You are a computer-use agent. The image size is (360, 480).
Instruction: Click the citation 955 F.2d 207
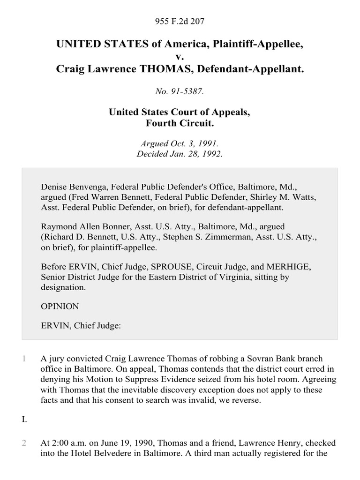[180, 21]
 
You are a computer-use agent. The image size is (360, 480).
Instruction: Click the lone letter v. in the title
[180, 57]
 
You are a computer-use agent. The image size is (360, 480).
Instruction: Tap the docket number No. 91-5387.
[180, 92]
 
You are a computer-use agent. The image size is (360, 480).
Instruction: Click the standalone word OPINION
[60, 307]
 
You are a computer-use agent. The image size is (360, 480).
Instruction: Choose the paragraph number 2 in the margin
[24, 443]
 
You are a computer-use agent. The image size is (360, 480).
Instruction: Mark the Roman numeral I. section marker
[24, 420]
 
